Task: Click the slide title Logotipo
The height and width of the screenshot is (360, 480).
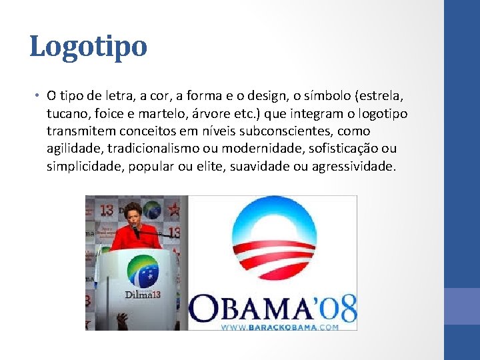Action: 88,47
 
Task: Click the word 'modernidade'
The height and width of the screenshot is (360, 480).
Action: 262,149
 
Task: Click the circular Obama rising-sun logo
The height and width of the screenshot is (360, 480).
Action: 272,241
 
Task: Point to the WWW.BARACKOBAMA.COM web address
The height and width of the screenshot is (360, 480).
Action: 279,327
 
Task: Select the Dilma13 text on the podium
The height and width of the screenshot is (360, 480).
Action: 142,294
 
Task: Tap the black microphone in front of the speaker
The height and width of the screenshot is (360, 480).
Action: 137,231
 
